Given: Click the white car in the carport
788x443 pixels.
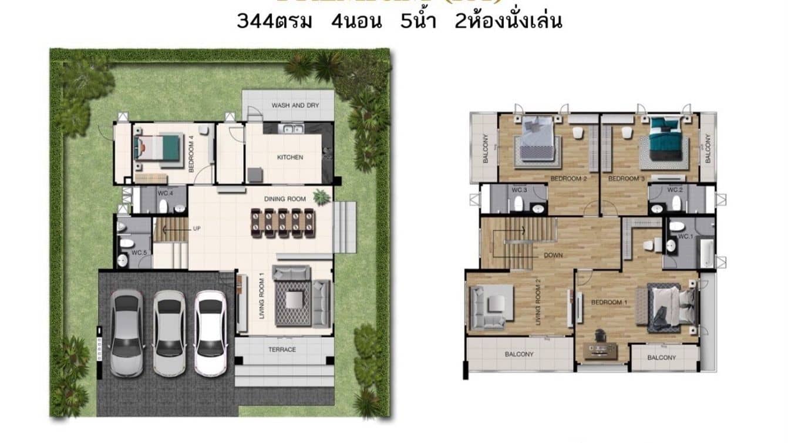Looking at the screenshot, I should tap(210, 333).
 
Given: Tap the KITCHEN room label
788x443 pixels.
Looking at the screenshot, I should tap(290, 157).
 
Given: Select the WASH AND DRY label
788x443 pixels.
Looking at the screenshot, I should tap(295, 106).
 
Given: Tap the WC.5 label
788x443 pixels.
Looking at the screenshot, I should tap(138, 253).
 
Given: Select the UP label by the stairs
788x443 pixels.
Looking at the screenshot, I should tap(197, 229).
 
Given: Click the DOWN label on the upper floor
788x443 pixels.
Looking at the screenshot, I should tap(554, 256).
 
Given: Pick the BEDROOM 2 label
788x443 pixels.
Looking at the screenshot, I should tap(569, 179).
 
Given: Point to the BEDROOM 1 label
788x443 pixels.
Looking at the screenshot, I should tap(608, 302).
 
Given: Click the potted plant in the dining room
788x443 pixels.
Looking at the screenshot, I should tap(321, 197).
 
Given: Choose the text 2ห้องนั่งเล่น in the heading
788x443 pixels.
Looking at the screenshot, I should tap(509, 22).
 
